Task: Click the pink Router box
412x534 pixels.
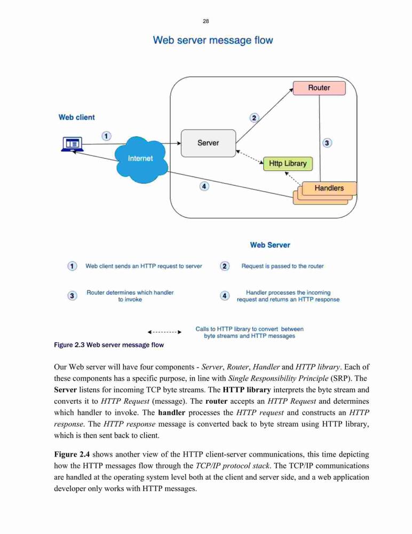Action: pos(319,88)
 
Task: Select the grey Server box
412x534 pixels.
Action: pos(208,143)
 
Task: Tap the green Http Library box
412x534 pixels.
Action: pos(288,163)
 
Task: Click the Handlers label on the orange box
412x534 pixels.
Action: pos(329,188)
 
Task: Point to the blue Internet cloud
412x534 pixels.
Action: pos(141,159)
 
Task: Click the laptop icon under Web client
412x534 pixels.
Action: pos(72,144)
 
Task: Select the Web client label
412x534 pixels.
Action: pos(77,117)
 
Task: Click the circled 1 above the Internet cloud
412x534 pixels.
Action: pos(106,136)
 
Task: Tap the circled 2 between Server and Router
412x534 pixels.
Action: pos(254,118)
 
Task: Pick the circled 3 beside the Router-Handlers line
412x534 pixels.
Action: pos(327,143)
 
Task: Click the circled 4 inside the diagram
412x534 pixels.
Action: pos(204,186)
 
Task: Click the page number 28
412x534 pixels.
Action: pos(205,21)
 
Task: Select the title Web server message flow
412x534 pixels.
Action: pos(213,40)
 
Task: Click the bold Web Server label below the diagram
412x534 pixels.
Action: pos(270,245)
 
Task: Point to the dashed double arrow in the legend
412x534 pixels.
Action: pos(164,332)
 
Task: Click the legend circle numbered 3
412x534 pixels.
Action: pos(72,296)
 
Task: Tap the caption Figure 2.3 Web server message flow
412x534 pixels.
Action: pos(109,345)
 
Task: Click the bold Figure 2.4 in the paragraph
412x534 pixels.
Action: pos(72,454)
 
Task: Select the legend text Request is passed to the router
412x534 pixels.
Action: pos(283,266)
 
